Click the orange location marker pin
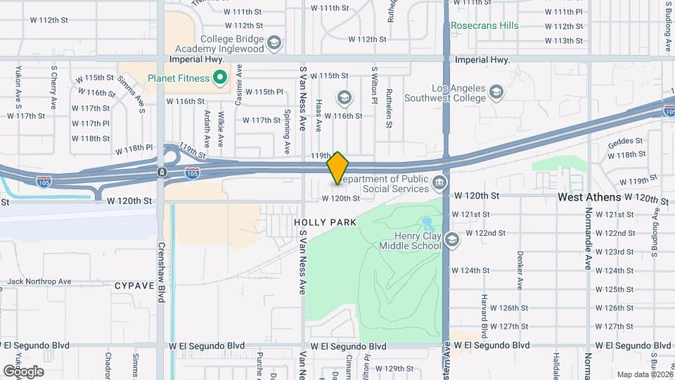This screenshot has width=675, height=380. [x=338, y=168]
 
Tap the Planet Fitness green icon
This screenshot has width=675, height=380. [x=220, y=77]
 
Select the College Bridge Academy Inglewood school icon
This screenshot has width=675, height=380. [x=274, y=44]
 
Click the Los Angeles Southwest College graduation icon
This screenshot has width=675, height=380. [x=496, y=93]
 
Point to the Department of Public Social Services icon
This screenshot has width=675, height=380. [x=439, y=184]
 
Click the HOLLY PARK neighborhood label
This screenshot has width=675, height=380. [x=326, y=222]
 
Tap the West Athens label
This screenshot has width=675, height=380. [x=589, y=198]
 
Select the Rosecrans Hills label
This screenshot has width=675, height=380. [x=484, y=26]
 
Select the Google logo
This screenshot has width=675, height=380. [x=23, y=371]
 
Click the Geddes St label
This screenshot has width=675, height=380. [x=629, y=140]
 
